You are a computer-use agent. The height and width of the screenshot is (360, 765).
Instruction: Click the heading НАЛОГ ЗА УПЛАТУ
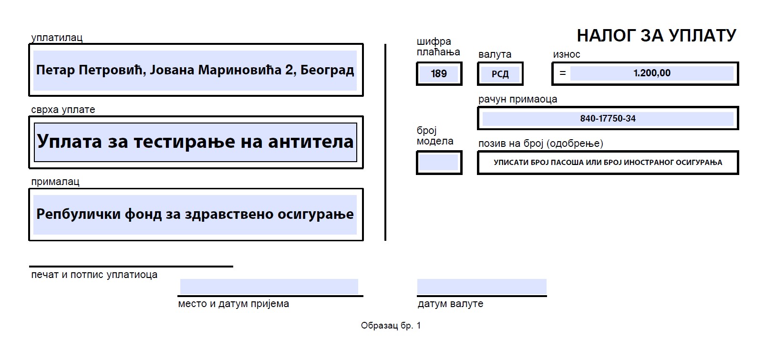pos(656,35)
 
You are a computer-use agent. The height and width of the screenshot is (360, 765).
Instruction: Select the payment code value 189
pos(439,73)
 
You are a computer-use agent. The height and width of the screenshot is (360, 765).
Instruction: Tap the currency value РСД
pos(500,74)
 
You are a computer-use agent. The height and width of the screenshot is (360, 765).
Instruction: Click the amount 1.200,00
pos(652,73)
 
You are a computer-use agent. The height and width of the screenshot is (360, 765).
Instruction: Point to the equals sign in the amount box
pos(563,73)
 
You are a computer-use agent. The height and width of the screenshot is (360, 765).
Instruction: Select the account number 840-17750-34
pos(608,119)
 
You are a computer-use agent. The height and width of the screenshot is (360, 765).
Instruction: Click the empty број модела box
pos(439,163)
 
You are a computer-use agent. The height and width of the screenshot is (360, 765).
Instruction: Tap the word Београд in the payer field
pos(327,70)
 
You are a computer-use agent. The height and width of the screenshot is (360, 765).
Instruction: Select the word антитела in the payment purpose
pos(311,142)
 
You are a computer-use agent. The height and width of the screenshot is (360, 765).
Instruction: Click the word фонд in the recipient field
pos(143,215)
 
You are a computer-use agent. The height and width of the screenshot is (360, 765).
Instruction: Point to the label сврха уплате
pos(63,110)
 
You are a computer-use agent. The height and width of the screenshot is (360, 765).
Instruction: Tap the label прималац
pos(55,182)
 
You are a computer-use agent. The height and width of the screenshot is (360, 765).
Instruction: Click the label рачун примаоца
pos(518,99)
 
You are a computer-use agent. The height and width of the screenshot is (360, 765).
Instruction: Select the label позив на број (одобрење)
pos(541,144)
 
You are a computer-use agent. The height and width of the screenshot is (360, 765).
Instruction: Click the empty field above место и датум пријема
pos(269,287)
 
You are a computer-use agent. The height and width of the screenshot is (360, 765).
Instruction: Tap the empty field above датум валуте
pos(482,287)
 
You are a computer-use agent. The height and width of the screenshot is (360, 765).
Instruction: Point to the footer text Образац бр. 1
pos(391,326)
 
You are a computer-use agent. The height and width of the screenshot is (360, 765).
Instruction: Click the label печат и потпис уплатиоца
pos(94,275)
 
